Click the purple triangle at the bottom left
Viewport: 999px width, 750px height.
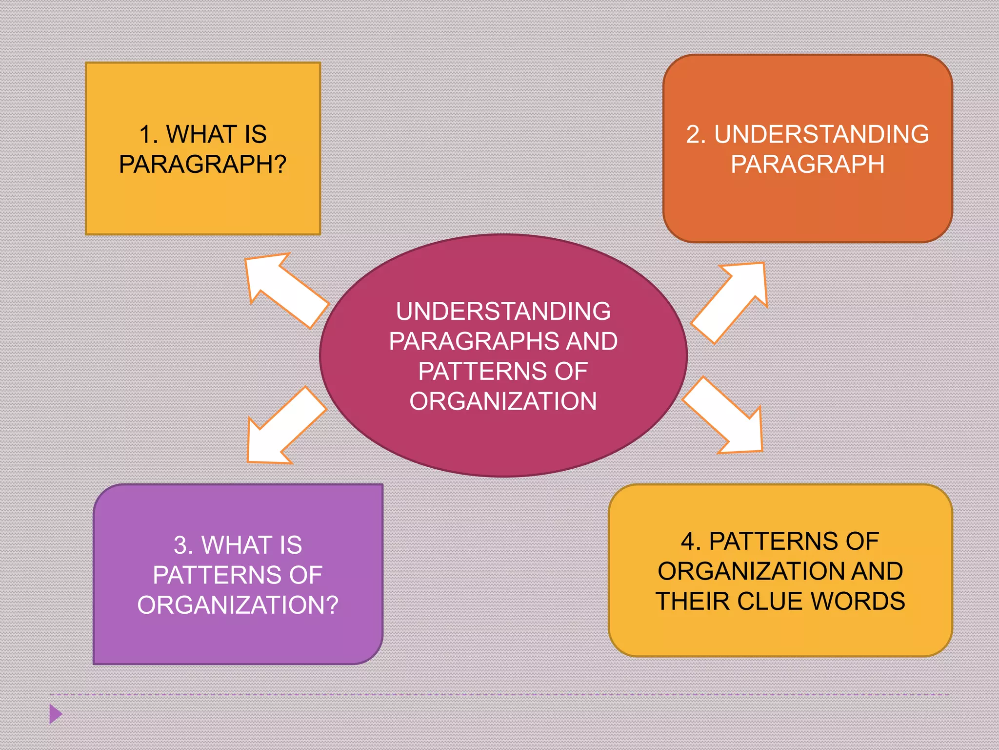point(56,714)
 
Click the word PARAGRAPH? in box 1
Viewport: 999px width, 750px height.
point(202,164)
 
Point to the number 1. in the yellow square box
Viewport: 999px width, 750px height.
point(149,134)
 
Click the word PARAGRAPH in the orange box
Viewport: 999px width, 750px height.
point(807,164)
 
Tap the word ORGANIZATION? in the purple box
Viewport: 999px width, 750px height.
point(238,605)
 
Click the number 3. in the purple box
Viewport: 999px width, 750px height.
point(183,545)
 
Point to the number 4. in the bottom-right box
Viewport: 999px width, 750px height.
point(691,542)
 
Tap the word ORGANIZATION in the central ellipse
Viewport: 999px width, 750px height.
point(503,401)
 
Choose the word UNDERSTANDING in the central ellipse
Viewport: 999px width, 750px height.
point(503,312)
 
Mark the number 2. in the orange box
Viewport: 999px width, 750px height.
point(696,134)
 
